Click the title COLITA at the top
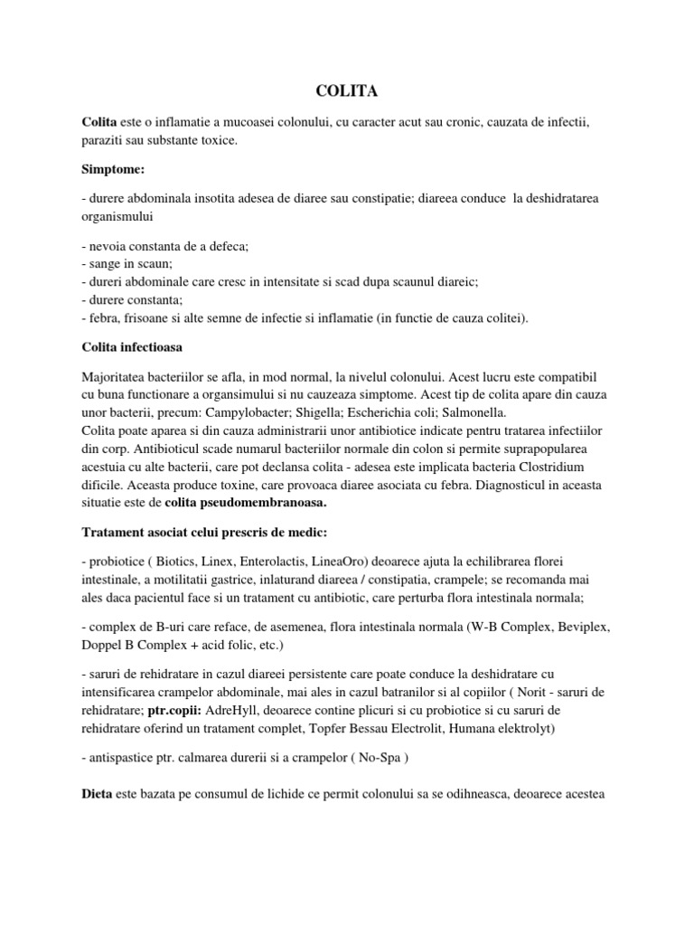coord(346,91)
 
